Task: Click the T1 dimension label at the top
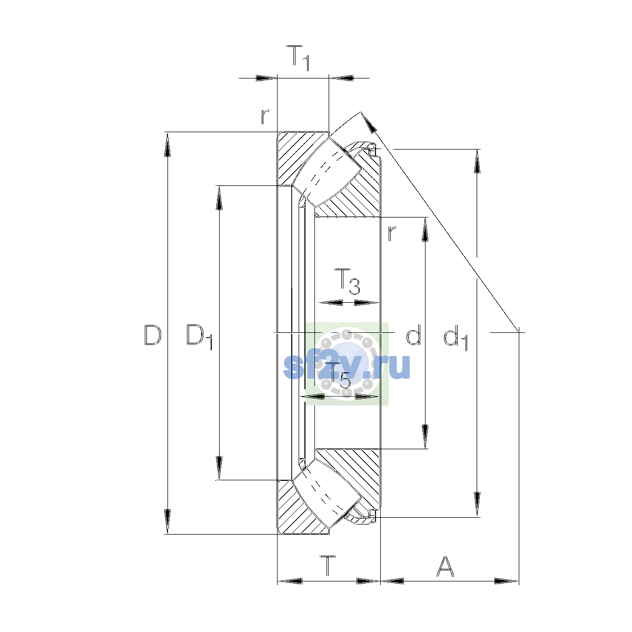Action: click(x=298, y=58)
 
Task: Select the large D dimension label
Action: click(x=153, y=335)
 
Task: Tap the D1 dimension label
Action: click(x=200, y=337)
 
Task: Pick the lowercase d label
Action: click(x=413, y=334)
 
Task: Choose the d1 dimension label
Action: click(x=456, y=337)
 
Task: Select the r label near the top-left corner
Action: click(x=265, y=116)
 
